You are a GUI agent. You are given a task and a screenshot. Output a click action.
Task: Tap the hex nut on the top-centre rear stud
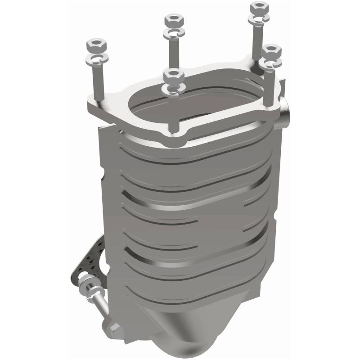click(173, 20)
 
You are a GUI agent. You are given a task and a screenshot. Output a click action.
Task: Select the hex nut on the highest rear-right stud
click(259, 8)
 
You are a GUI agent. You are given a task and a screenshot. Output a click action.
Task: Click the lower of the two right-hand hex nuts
click(272, 51)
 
